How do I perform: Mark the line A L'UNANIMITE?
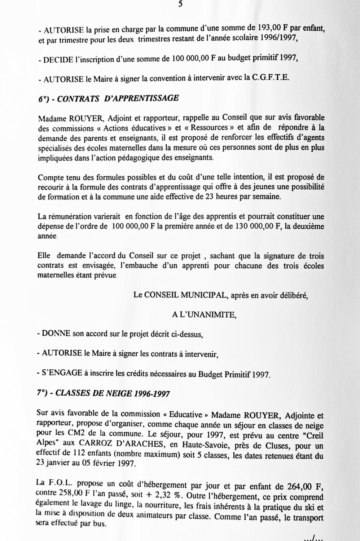[204, 315]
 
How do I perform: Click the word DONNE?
[56, 334]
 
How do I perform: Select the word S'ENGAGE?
[62, 373]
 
